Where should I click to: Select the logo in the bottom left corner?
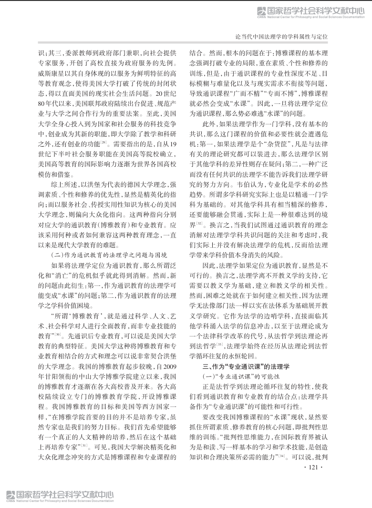57,495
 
